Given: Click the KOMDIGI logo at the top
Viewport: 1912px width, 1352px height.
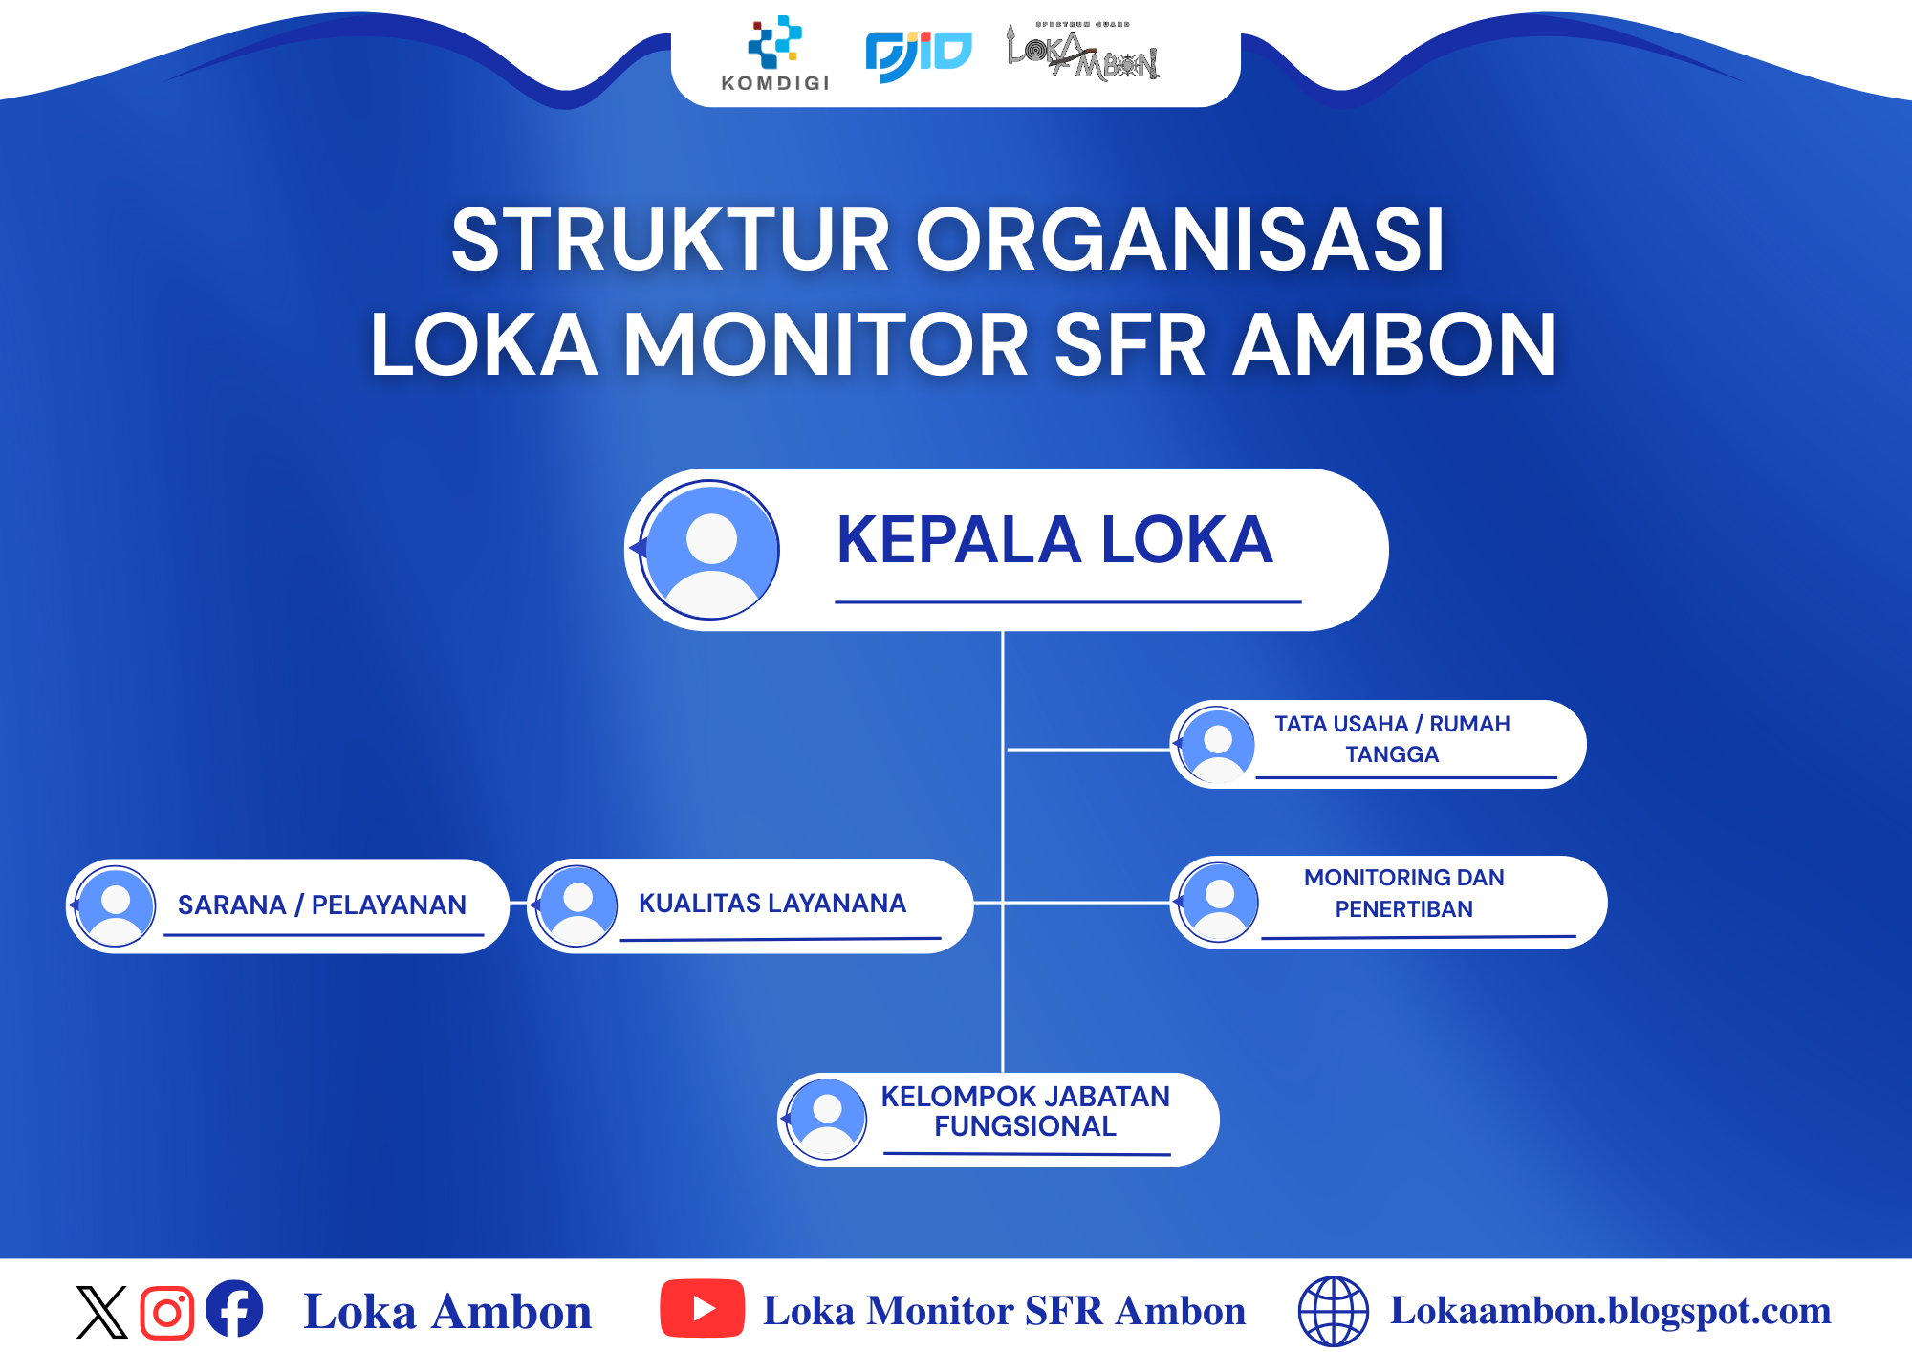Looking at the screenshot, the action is (775, 54).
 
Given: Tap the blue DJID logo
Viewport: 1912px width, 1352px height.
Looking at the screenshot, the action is (919, 55).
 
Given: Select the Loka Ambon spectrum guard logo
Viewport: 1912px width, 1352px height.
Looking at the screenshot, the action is (1083, 52).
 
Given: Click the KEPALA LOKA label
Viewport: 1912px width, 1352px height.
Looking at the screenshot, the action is (1054, 540).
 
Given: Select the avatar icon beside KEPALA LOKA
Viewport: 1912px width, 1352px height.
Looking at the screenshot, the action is (710, 550).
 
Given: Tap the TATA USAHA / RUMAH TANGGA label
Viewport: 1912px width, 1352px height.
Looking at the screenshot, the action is (1392, 739).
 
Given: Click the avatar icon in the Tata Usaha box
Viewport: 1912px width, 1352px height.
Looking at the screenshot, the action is (1216, 745).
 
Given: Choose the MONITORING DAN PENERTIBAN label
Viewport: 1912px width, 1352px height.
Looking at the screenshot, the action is (1404, 893).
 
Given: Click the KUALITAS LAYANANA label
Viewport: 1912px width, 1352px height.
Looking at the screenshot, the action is (772, 904).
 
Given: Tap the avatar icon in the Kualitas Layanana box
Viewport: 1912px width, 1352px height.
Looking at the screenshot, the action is (576, 905).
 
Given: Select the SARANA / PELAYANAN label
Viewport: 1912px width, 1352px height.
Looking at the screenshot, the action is (322, 905).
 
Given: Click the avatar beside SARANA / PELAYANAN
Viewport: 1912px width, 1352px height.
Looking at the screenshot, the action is (116, 906).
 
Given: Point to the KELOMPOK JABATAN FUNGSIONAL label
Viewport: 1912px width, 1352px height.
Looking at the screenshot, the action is (1025, 1111).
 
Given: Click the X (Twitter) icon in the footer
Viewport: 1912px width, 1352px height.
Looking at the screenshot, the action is (101, 1312).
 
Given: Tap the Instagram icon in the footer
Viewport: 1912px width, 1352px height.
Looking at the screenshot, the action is (167, 1313).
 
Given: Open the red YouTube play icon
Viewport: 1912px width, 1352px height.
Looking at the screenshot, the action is (703, 1308).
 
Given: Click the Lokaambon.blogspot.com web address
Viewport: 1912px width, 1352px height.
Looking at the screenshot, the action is (1610, 1311).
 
